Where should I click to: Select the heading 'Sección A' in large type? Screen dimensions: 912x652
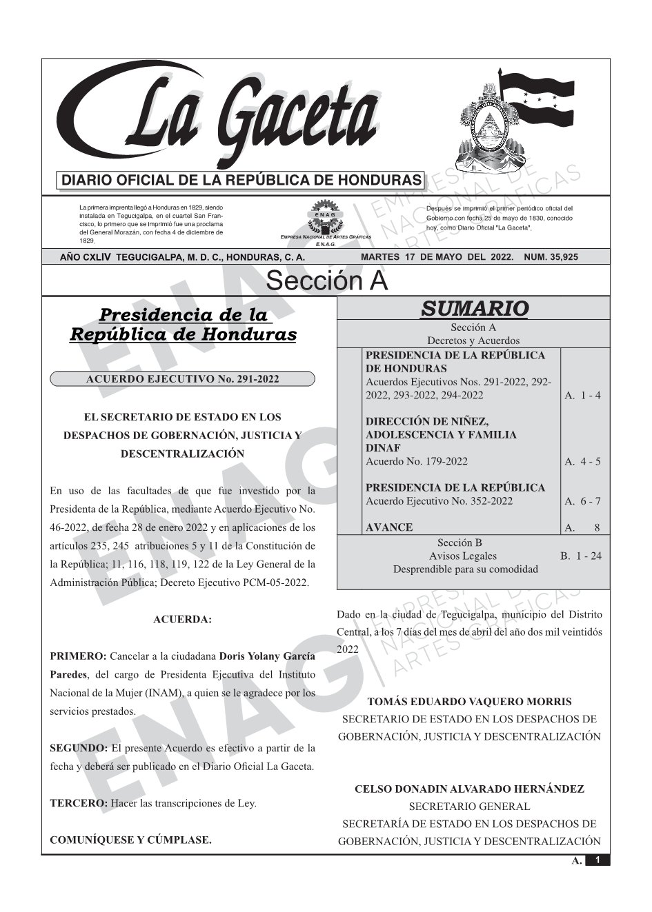[x=326, y=281]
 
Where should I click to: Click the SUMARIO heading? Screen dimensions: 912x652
[x=474, y=309]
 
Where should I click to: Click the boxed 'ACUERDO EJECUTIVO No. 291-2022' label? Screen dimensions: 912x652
[x=182, y=379]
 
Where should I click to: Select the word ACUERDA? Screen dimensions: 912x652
[x=182, y=620]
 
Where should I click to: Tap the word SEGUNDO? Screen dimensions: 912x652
[x=79, y=748]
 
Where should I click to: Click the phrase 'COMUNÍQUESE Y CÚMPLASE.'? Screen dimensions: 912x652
[x=131, y=840]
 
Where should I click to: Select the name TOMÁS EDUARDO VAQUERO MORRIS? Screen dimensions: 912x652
[x=469, y=702]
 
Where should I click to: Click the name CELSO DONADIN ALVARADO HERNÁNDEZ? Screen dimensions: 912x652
[x=469, y=789]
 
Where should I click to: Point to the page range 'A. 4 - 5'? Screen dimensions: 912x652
[x=582, y=461]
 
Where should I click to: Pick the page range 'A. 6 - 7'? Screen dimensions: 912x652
[x=582, y=501]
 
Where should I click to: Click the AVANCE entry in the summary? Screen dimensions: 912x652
[x=389, y=527]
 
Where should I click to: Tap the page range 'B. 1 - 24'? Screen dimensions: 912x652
[x=580, y=556]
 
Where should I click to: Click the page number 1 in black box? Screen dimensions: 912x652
[x=597, y=860]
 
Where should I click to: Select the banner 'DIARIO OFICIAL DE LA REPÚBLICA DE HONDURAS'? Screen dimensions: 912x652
[x=241, y=181]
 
